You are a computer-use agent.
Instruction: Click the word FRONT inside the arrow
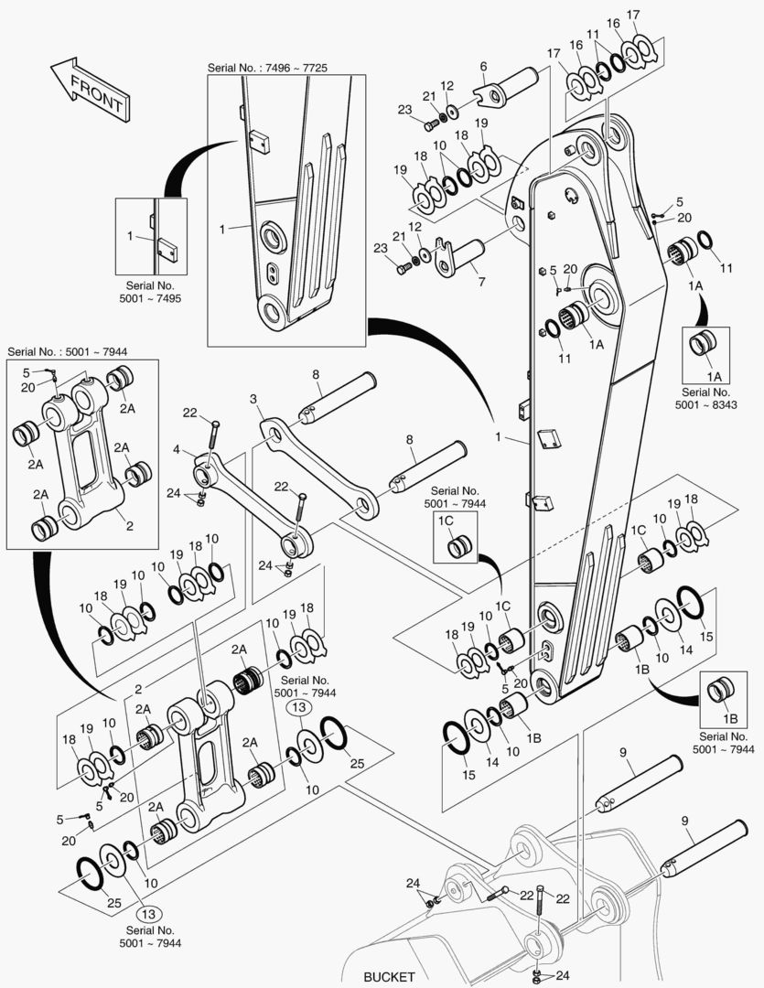coord(95,91)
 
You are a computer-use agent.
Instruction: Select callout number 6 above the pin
coord(483,66)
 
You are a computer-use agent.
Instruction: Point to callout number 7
coord(481,281)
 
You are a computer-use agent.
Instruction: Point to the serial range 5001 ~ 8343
coord(706,403)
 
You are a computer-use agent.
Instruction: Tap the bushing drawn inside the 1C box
coord(457,549)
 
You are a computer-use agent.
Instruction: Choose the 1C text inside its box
coord(447,521)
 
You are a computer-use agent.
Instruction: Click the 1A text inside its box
coord(714,377)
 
